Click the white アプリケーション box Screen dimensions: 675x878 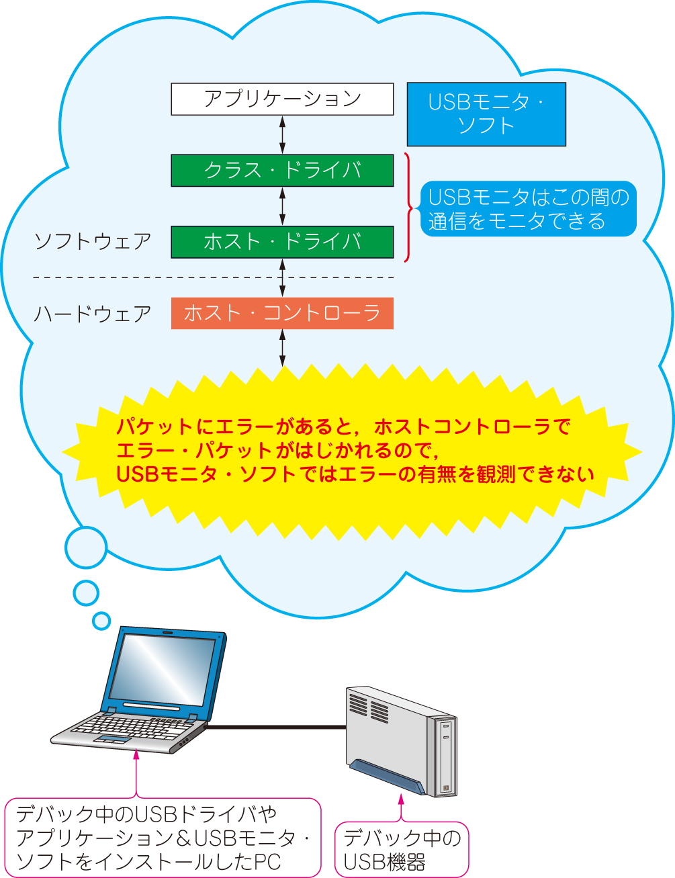coord(282,99)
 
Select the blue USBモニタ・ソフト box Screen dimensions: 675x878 coord(486,114)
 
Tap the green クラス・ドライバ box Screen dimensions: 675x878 coord(282,170)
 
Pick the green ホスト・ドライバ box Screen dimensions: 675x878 coord(282,242)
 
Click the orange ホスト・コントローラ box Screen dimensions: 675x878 coord(282,313)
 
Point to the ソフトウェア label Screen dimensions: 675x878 coord(93,242)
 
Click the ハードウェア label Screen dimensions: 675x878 coord(93,314)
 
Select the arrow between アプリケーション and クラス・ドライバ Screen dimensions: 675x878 coord(282,135)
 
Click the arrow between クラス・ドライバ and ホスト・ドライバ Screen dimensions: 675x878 coord(282,206)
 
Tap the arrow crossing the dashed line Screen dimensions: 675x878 coord(282,278)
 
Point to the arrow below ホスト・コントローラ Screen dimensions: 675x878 coord(282,348)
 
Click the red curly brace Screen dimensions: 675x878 coord(408,208)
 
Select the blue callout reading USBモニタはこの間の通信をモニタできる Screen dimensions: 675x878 coord(528,208)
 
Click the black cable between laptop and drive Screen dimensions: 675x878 coord(276,728)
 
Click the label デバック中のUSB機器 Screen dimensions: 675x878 coord(402,850)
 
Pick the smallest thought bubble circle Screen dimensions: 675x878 coord(101,621)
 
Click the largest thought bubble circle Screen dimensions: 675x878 coord(86,547)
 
